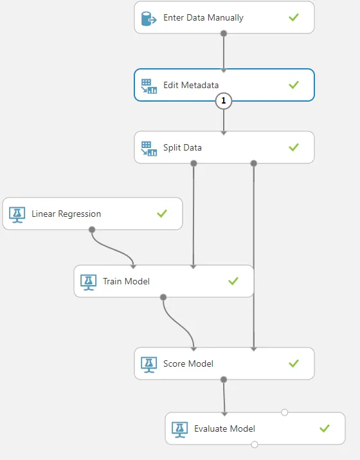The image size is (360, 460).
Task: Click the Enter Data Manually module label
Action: (203, 18)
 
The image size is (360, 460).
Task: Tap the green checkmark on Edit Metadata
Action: (293, 85)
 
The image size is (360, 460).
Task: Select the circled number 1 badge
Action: (224, 100)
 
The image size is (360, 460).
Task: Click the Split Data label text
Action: (183, 147)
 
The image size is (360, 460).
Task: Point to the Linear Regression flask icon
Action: (17, 215)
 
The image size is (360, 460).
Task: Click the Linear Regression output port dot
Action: (92, 230)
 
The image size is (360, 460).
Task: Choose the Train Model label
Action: (126, 281)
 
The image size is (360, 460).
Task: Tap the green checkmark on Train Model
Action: (233, 281)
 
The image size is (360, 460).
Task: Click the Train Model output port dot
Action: (163, 297)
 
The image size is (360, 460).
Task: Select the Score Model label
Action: (188, 363)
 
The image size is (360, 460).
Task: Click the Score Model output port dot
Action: (224, 380)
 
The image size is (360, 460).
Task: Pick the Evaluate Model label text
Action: (224, 428)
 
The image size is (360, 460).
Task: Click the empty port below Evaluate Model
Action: (255, 445)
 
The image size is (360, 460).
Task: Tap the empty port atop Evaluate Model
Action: (284, 412)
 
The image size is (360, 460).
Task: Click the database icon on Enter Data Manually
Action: (148, 19)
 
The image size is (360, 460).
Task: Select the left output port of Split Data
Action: (194, 163)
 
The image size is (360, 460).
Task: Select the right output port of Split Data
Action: (254, 163)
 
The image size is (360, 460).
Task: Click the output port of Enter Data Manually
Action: (224, 33)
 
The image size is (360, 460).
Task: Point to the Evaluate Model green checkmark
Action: (325, 428)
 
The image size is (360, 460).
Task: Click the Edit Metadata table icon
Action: (149, 86)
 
